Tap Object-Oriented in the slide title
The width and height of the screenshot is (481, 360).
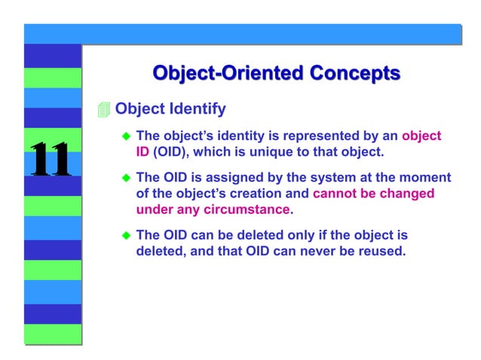(x=219, y=73)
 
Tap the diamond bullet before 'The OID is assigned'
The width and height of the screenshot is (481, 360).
(x=127, y=178)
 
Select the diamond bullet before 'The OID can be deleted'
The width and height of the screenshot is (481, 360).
(x=127, y=235)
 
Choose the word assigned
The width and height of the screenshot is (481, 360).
(x=225, y=178)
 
